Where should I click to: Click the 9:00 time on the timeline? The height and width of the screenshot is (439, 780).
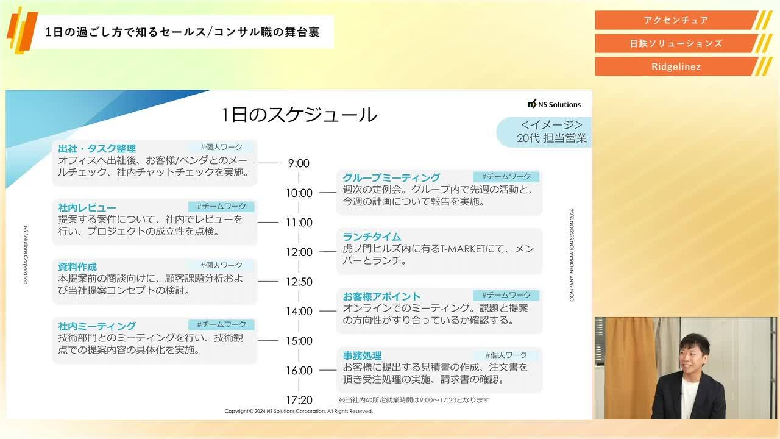(x=299, y=163)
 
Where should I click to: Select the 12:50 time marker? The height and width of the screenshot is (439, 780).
(x=299, y=282)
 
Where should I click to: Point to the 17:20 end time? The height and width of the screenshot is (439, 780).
(x=299, y=400)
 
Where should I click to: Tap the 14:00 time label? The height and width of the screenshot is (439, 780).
(x=299, y=312)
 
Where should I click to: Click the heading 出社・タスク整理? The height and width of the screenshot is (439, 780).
(x=97, y=149)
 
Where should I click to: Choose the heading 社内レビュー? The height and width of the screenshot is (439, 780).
(x=87, y=208)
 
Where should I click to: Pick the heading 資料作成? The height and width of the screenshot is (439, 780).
(x=77, y=267)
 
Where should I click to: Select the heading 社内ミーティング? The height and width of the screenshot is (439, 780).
(x=97, y=326)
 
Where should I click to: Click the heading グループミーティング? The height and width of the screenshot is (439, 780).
(x=391, y=178)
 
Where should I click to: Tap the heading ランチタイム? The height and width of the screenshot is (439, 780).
(x=372, y=237)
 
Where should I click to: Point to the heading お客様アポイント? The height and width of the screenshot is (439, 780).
(x=381, y=297)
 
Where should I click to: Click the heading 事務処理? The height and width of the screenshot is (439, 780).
(x=362, y=356)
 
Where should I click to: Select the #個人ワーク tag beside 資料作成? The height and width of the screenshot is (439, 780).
(x=222, y=265)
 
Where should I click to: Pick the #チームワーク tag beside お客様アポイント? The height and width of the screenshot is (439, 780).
(x=506, y=295)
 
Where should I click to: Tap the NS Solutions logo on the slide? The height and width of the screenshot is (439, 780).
(x=554, y=104)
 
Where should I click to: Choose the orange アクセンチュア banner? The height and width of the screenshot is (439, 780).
(x=676, y=20)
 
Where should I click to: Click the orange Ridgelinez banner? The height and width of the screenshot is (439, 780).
(x=676, y=66)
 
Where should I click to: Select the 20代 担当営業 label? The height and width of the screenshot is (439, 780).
(x=551, y=138)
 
